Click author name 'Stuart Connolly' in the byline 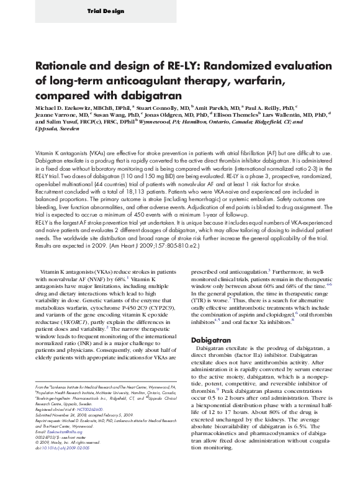[x=144, y=107]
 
